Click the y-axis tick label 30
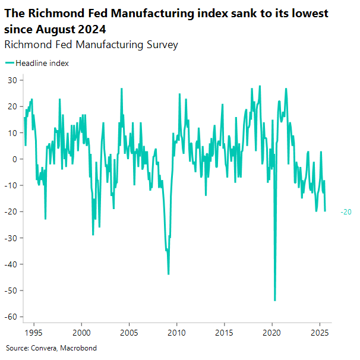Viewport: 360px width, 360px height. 12,80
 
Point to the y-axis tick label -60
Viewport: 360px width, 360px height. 11,317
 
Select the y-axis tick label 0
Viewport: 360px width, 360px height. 14,159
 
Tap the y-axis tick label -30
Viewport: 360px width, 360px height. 11,238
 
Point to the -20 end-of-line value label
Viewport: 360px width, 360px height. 346,212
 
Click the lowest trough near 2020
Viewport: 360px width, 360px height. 274,300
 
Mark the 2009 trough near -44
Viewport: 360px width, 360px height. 169,274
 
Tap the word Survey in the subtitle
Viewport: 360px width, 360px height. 162,45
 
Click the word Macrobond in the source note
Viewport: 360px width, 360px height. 80,348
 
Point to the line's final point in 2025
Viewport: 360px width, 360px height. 325,211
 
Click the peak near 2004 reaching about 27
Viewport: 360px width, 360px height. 122,89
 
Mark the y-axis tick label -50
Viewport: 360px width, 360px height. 11,290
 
